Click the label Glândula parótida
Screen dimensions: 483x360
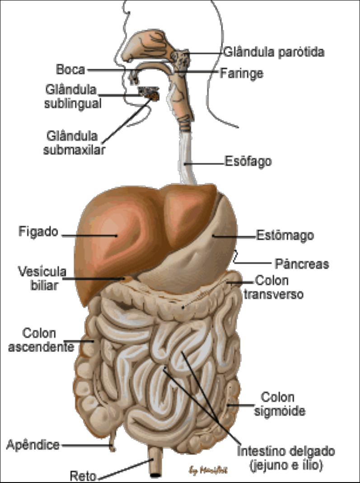274,52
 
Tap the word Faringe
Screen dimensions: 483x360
241,73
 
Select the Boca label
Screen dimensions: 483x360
70,70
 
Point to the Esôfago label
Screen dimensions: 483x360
248,161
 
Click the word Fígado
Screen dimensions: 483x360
38,232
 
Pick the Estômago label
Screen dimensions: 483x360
285,235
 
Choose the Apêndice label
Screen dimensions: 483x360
33,445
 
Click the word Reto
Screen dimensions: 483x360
83,476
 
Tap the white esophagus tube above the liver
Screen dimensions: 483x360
187,158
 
